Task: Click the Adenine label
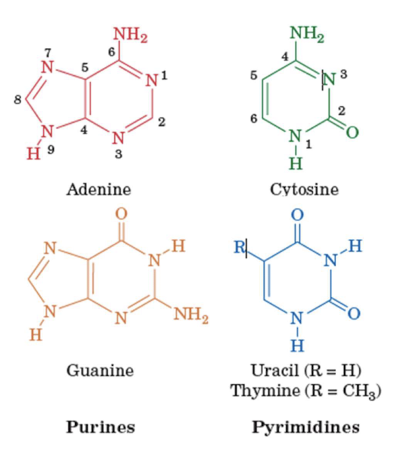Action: [99, 188]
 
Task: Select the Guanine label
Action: [100, 370]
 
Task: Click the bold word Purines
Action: [100, 427]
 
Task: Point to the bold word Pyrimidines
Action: [305, 427]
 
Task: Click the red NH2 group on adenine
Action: [130, 34]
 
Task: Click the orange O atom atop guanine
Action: [121, 214]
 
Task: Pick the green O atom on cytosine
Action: [352, 131]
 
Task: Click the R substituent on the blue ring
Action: [240, 247]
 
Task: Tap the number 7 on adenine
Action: [47, 53]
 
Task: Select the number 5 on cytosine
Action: [253, 75]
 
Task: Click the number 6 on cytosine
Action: [253, 118]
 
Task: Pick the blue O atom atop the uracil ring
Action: [296, 214]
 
